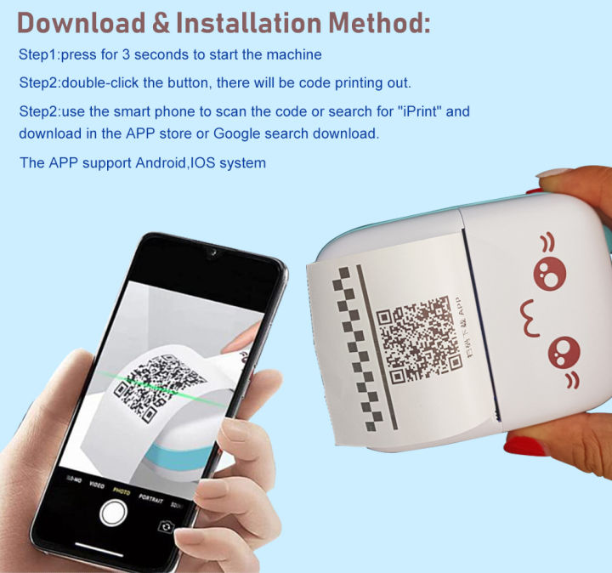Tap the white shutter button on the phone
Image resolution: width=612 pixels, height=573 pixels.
113,513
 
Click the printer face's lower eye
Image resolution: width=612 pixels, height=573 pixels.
564,349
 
